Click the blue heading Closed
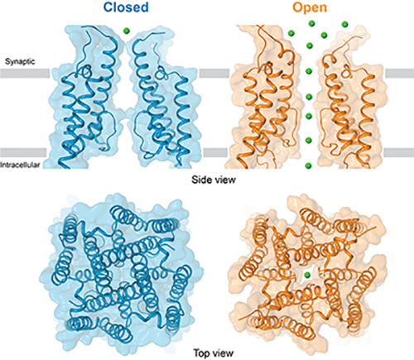[127, 7]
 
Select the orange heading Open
[310, 7]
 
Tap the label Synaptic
[20, 61]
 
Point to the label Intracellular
[20, 165]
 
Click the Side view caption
[214, 180]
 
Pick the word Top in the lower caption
[201, 353]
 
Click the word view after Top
[223, 353]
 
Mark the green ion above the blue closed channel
[127, 31]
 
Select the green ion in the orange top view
[306, 275]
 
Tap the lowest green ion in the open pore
[308, 166]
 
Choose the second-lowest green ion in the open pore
[309, 140]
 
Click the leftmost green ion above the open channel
[291, 33]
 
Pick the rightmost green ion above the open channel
[344, 24]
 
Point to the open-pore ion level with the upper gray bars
[309, 71]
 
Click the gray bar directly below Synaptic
[25, 73]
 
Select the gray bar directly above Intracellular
[23, 152]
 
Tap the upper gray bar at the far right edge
[399, 73]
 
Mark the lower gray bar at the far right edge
[399, 152]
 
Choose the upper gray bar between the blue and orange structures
[214, 73]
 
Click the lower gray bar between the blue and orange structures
[215, 152]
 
